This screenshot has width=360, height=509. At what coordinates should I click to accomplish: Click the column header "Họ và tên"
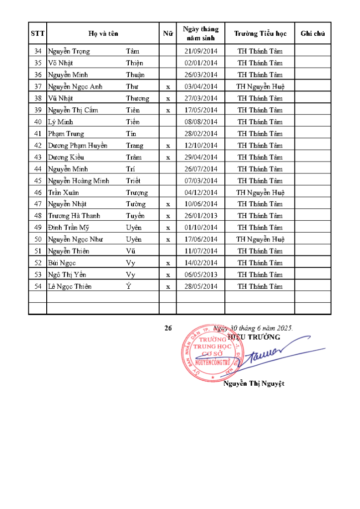coord(103,34)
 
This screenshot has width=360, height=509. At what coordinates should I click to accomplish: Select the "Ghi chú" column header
coord(313,34)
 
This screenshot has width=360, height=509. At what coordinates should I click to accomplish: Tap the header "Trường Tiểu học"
coord(260,34)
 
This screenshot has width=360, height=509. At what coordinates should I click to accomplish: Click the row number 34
coord(38,51)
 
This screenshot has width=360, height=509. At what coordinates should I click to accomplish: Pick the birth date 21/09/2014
coord(201,51)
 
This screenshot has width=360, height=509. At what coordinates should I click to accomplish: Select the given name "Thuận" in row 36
coord(135,75)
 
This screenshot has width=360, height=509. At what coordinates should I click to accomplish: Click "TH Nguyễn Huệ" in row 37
coord(260,86)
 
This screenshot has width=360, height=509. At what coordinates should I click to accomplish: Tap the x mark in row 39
coord(168,110)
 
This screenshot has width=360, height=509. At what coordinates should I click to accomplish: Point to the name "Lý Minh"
coord(59,122)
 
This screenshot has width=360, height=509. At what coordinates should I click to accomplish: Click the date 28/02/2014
coord(201,134)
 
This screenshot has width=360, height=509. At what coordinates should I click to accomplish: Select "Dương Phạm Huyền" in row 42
coord(78,146)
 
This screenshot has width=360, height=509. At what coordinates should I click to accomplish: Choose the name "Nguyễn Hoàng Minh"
coord(79,181)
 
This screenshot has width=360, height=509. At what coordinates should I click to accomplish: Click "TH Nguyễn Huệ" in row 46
coord(260,192)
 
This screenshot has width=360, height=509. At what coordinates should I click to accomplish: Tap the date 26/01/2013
coord(201,216)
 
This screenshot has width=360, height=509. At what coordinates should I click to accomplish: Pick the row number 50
coord(38,240)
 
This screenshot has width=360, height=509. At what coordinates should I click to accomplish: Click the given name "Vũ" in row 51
coord(131,252)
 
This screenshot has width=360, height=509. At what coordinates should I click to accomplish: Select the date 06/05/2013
coord(201,275)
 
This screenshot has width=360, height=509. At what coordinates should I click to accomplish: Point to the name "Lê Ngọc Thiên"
coord(70,287)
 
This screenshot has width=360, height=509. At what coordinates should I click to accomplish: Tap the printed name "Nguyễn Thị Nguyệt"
coord(254,384)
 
